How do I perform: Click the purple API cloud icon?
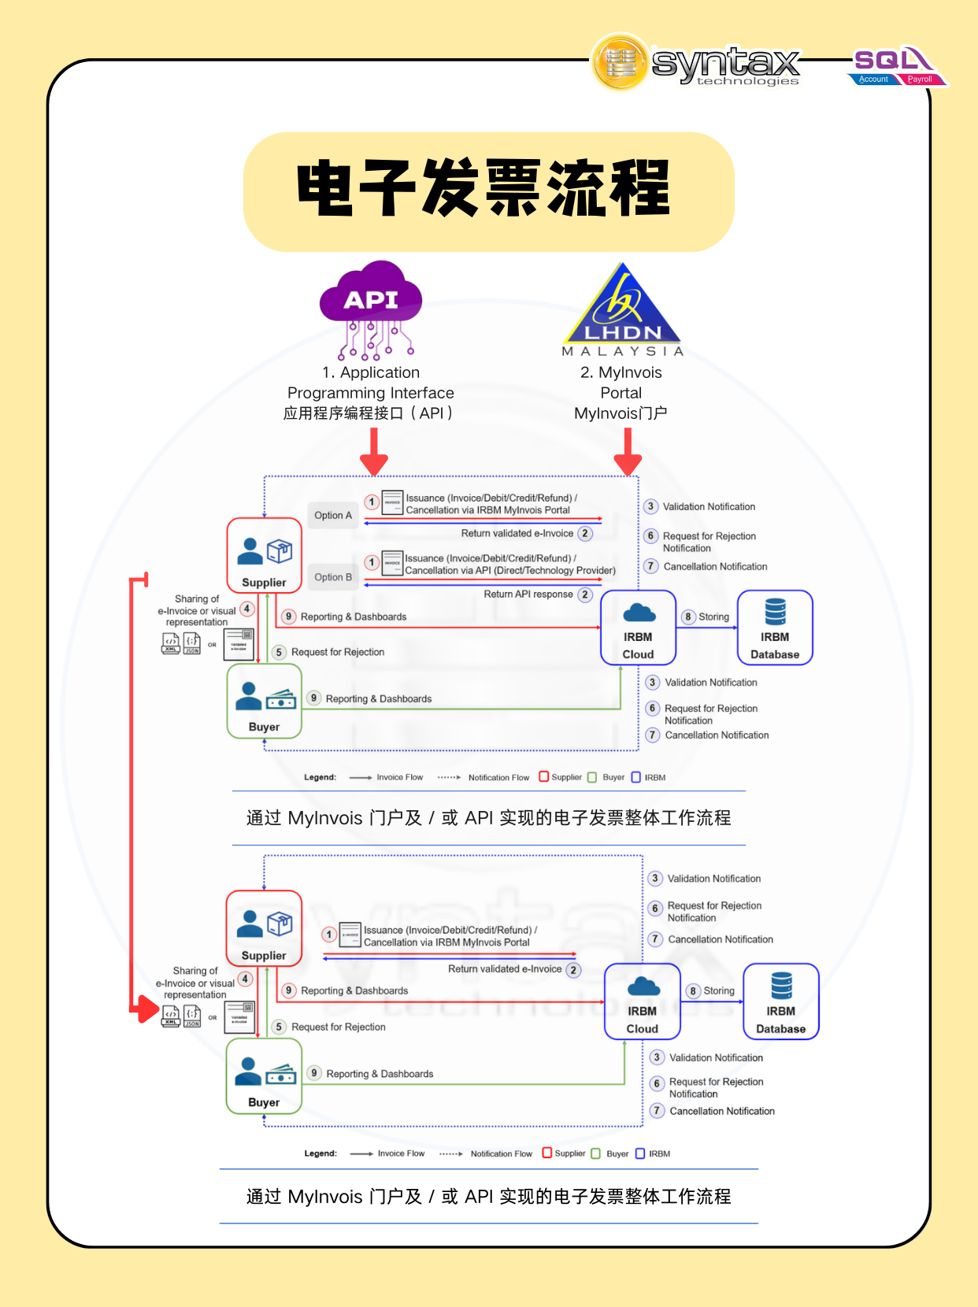click(x=371, y=298)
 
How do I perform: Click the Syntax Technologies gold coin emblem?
click(x=621, y=62)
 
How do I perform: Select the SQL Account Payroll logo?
click(x=898, y=66)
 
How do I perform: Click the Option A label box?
click(x=333, y=515)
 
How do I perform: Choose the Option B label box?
click(x=333, y=577)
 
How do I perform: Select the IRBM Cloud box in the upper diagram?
click(x=639, y=628)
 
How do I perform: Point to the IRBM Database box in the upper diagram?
click(x=775, y=628)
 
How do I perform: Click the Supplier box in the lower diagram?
click(x=265, y=928)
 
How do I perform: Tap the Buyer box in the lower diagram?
click(x=265, y=1076)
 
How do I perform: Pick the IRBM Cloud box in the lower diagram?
click(x=643, y=1002)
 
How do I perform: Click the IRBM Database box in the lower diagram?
click(x=781, y=1002)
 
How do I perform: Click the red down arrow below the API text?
click(x=374, y=453)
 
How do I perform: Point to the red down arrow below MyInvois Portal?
click(x=628, y=453)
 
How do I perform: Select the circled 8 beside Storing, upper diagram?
click(x=689, y=616)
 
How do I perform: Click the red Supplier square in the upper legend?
click(x=544, y=776)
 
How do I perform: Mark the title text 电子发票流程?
click(x=484, y=189)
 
